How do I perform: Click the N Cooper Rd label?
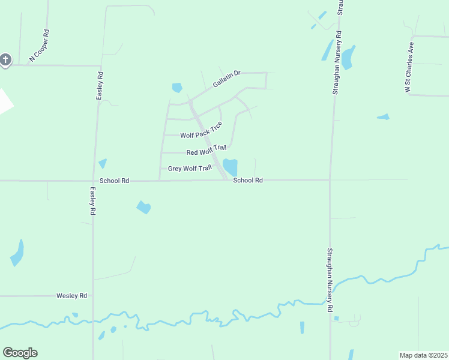click(x=38, y=46)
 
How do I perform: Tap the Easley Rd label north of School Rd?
click(x=100, y=86)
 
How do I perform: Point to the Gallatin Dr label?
click(x=226, y=79)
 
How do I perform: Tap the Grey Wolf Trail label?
click(x=190, y=169)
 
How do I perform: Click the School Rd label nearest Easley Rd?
click(x=115, y=180)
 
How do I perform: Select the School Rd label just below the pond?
click(x=248, y=180)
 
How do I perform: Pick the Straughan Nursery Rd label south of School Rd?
click(x=330, y=281)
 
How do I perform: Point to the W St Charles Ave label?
click(x=410, y=67)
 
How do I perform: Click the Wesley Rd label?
click(x=72, y=296)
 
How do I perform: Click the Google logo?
click(x=20, y=353)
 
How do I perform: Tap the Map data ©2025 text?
click(x=423, y=355)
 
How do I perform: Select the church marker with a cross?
click(x=5, y=60)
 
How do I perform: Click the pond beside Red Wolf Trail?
click(x=231, y=166)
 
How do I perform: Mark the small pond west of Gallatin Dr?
click(x=176, y=88)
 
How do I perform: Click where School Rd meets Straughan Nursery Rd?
click(x=330, y=179)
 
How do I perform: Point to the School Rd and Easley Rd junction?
click(x=95, y=180)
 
